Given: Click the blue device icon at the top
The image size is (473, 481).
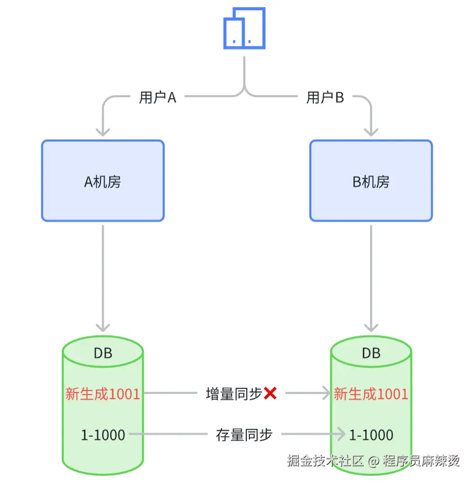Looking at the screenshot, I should pos(244,28).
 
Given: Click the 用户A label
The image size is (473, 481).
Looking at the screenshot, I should pos(158,97).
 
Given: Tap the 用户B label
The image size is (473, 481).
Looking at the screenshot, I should pos(325,97).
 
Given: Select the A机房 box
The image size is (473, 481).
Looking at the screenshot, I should pos(103,181).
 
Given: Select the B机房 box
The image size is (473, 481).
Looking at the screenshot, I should pos(371,181).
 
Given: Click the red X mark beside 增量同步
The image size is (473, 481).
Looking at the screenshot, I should pos(270,394).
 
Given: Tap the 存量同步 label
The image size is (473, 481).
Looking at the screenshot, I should pos(244,435).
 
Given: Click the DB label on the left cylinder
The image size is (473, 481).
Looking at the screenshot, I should pos(103,353).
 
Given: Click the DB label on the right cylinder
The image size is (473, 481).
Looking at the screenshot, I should pos(371,353).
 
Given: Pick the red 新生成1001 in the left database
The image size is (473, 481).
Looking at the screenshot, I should pos(103,394).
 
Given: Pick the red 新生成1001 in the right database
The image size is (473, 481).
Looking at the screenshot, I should pos(371,394).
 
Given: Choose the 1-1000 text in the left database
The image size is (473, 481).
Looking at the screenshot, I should pos(103,435).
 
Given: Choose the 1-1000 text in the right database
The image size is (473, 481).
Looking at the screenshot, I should pos(371,435).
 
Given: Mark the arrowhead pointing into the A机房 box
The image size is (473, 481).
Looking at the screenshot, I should pos(103,131).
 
